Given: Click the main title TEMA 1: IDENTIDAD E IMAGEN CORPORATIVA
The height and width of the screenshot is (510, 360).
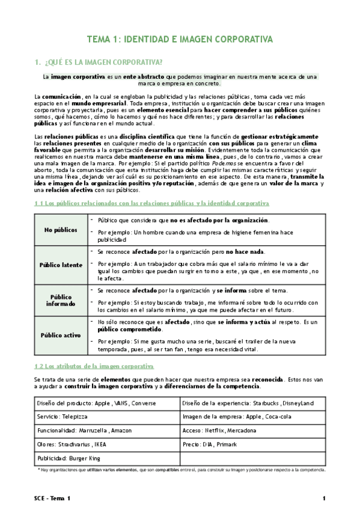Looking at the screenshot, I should tap(180, 39).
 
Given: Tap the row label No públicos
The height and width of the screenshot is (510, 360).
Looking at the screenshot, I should tap(61, 230).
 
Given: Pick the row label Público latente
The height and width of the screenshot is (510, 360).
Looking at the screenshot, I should tap(61, 265).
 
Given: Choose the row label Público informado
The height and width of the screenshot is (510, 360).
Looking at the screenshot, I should tap(61, 301).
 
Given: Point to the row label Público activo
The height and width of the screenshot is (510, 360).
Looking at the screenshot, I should tap(61, 335).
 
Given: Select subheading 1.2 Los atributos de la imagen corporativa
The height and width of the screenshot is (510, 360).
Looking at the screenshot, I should tap(94, 366).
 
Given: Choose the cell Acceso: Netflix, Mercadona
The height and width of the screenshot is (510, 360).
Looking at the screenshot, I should tap(219, 430).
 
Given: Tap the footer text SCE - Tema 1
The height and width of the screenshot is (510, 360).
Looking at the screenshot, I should tap(52, 499).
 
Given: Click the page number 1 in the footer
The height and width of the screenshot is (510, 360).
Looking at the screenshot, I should tap(324, 499).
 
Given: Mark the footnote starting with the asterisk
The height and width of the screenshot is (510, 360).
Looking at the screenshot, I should tap(180, 470).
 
